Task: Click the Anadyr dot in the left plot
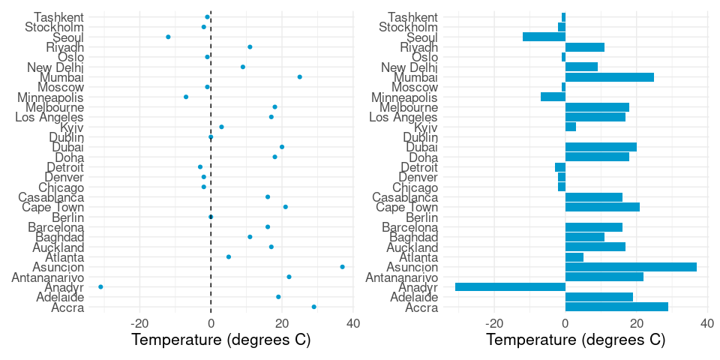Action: coord(100,286)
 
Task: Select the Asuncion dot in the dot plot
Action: coord(343,267)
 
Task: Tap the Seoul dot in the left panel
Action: coord(168,37)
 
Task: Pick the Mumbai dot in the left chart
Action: coord(300,76)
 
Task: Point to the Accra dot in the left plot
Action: coord(314,307)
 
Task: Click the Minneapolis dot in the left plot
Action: coord(186,97)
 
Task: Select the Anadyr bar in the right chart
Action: coord(510,286)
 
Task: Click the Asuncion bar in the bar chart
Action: coord(631,267)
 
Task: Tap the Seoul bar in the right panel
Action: coord(544,37)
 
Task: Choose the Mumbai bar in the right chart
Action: coord(609,76)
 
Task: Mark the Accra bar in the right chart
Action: coord(616,307)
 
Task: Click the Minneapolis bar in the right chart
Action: coord(553,97)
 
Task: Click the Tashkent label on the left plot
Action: coord(60,16)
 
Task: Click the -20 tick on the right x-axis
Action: coord(493,323)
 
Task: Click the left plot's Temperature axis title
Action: coord(221,340)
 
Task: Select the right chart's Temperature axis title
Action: coord(576,340)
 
